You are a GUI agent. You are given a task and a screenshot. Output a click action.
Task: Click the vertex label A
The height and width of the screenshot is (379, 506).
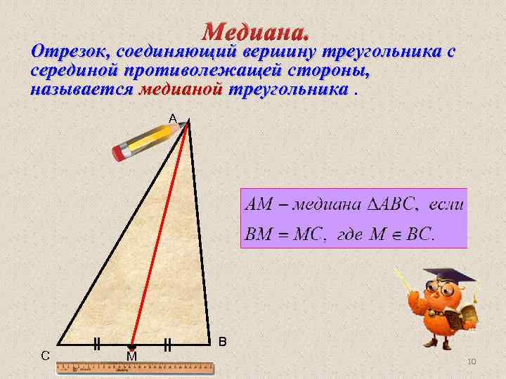point(172,119)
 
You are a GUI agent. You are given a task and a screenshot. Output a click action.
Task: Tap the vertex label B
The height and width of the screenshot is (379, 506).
point(222,342)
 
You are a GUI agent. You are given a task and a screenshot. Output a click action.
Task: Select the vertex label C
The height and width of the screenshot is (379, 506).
point(45,355)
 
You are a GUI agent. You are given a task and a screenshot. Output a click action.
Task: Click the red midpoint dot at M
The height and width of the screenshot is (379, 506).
point(131,347)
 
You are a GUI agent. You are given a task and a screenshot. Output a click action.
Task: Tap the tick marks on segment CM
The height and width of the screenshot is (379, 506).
point(97,344)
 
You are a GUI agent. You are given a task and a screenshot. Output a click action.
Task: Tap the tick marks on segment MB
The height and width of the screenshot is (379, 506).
point(167,344)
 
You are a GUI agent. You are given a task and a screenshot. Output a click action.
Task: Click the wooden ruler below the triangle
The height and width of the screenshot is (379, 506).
point(134,367)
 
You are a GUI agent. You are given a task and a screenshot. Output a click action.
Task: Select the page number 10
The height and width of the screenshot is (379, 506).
point(472,361)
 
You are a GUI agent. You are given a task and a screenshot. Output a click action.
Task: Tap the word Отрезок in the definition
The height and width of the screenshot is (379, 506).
point(70,52)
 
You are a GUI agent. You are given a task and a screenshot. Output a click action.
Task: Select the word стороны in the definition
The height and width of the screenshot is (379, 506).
point(330,71)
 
